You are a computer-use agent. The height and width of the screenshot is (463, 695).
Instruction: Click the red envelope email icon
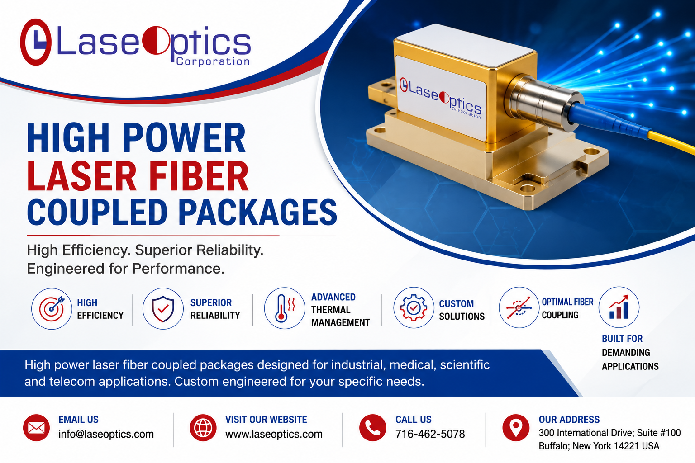[36, 428]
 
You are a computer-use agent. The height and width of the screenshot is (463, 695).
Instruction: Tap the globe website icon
[203, 428]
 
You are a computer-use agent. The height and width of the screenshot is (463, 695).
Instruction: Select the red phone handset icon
[373, 428]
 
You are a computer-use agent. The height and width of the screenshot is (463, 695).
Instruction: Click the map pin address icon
[516, 428]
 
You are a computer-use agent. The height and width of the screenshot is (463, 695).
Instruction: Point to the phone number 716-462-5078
[430, 434]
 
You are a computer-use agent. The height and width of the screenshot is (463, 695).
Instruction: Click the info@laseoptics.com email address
[106, 434]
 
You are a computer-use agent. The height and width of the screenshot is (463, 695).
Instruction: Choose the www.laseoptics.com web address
[274, 434]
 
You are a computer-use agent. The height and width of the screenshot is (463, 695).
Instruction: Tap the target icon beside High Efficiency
[52, 308]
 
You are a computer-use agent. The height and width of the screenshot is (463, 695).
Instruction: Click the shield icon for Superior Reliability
[163, 308]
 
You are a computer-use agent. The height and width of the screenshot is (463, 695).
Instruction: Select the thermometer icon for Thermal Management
[285, 308]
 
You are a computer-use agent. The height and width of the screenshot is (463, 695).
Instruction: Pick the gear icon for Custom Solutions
[414, 307]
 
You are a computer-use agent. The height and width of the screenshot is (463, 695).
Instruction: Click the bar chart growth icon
[619, 307]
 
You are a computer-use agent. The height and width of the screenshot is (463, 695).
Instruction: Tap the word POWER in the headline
[184, 137]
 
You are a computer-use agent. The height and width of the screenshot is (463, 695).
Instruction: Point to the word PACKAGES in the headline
[257, 213]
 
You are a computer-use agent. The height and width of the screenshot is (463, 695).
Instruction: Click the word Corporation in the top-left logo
[213, 61]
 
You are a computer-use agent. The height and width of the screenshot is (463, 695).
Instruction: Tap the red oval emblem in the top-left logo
[35, 42]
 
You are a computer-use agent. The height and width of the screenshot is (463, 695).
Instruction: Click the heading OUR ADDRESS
[569, 419]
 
